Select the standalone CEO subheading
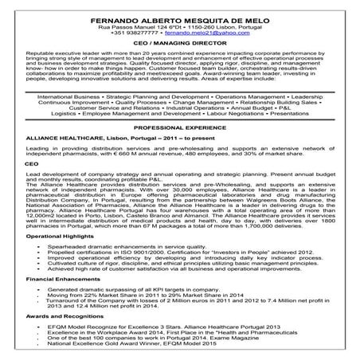tap(32, 162)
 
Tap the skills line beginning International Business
tap(180, 95)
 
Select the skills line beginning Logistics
tap(180, 114)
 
